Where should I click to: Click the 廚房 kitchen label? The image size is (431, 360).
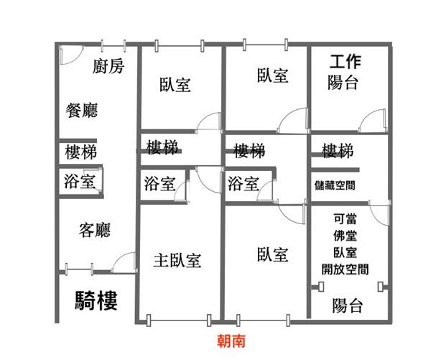point(108,66)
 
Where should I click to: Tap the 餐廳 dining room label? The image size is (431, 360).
point(82,110)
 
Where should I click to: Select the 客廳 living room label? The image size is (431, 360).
point(95,230)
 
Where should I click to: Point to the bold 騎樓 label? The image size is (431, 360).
point(96,300)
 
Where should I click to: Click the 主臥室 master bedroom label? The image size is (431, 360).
point(177,260)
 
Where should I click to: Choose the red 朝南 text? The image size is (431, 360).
point(231,341)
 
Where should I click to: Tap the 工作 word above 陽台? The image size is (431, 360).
point(346,62)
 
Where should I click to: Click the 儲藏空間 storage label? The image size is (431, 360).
point(335,185)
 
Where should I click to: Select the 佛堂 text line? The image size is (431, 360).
point(346,236)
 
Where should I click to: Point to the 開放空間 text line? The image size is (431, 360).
point(346,269)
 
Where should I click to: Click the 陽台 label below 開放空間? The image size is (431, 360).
point(347,305)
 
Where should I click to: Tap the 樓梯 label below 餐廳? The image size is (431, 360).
point(80,152)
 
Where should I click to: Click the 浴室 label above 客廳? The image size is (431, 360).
point(80,181)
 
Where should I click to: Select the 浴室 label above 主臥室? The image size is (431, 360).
point(159,183)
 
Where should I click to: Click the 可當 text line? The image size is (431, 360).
point(346,219)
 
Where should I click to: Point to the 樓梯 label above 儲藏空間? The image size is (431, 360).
point(338,151)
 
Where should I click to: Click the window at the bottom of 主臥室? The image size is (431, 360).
point(179,320)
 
